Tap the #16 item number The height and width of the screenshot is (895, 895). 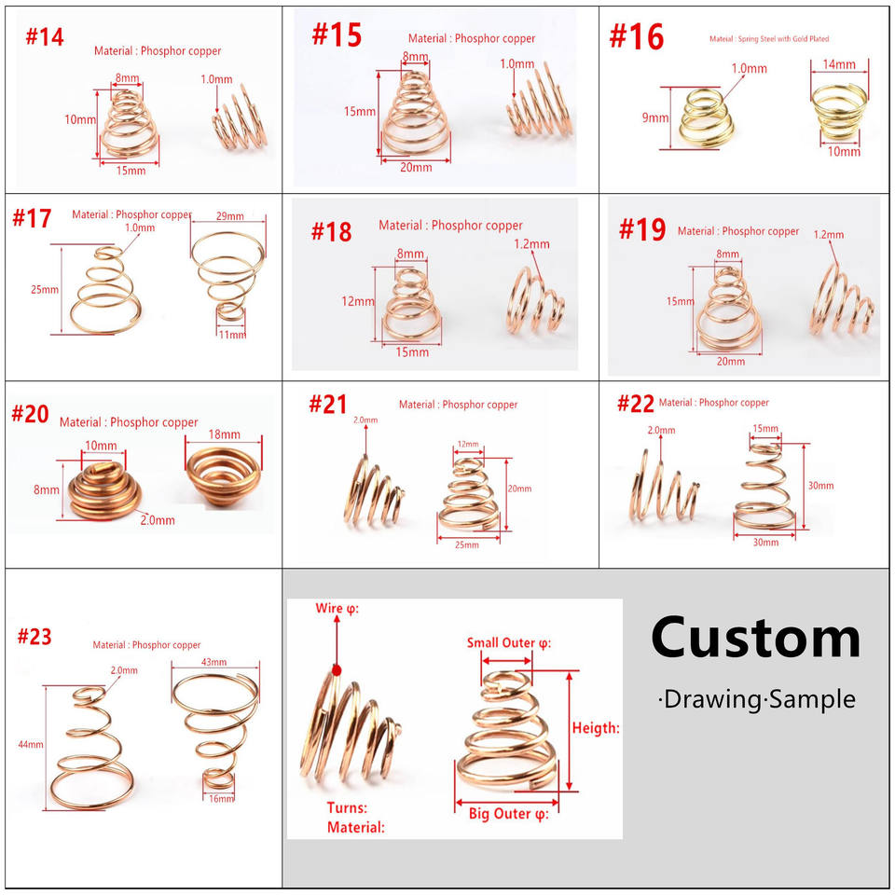coord(636,37)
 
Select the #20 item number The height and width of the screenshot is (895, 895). coord(30,413)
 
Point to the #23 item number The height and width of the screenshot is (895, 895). coord(34,637)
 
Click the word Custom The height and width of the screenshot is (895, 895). coord(755,639)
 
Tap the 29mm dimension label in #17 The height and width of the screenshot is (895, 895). coord(228,216)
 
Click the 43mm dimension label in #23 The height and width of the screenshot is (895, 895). coord(213,662)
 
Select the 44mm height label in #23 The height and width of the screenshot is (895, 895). coord(30,745)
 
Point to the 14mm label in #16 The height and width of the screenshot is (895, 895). coord(839,65)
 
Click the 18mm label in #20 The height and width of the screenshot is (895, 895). coord(224,434)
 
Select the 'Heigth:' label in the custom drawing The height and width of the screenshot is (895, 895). coord(596,728)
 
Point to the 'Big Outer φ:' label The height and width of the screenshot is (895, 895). coord(508,814)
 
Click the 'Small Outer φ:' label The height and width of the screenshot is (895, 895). coord(508,643)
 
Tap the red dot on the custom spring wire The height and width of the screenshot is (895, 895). coord(337,668)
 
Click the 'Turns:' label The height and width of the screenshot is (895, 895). coord(347,807)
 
